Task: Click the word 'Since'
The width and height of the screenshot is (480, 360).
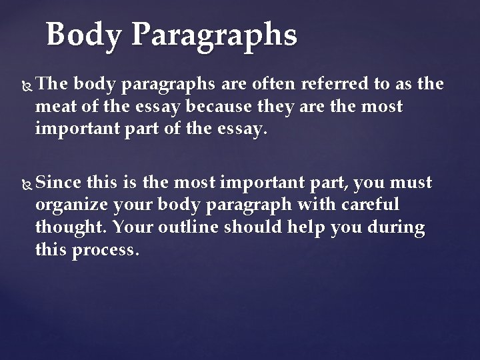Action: point(61,182)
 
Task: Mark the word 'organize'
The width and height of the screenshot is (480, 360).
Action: point(73,204)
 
